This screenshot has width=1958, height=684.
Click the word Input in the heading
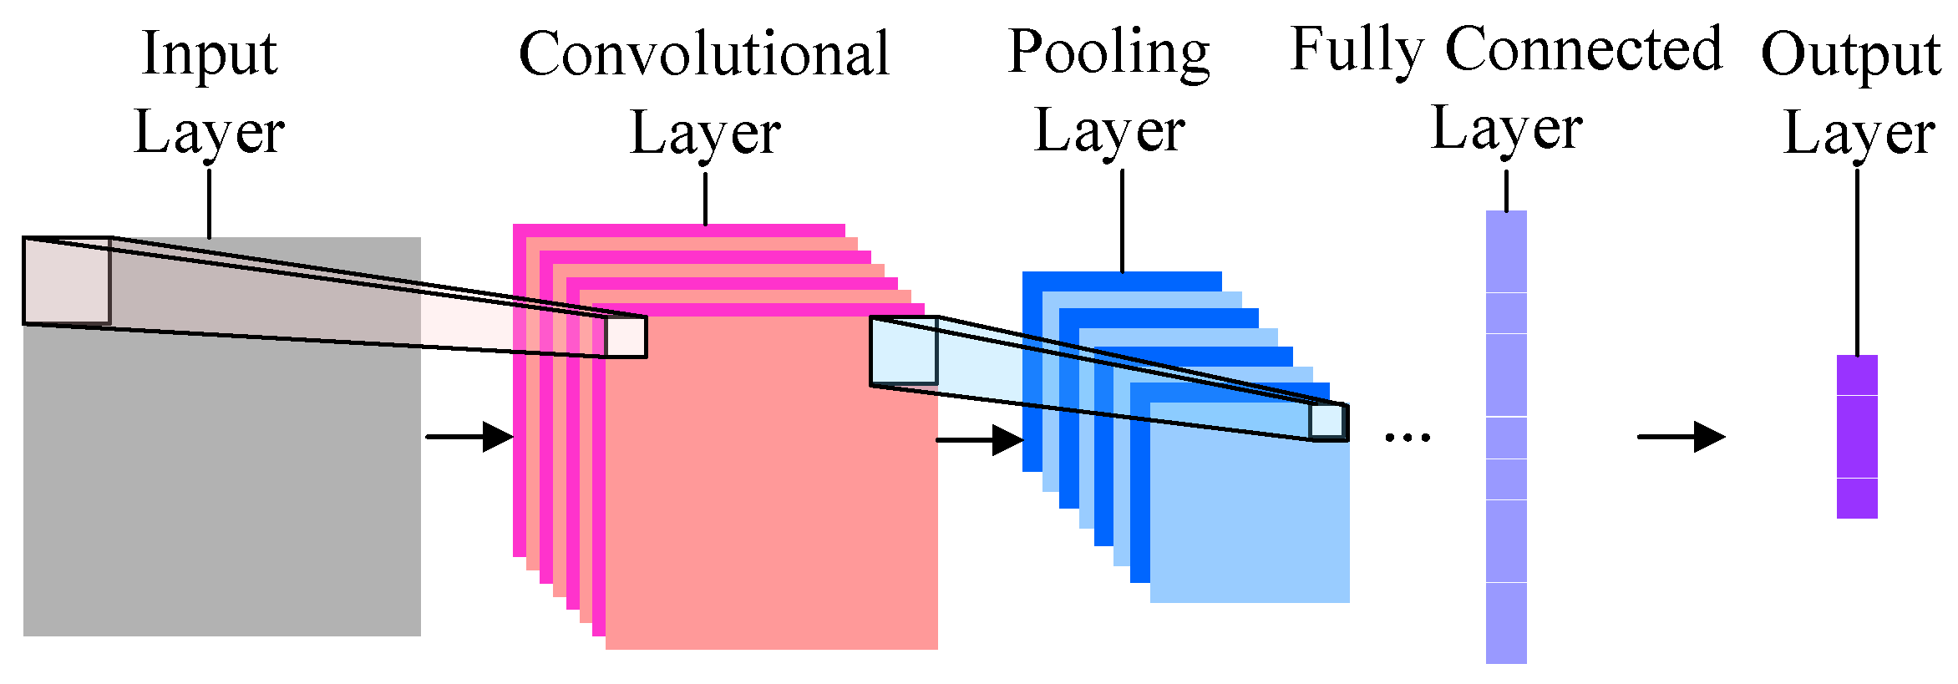click(209, 53)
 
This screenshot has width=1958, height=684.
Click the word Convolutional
click(704, 53)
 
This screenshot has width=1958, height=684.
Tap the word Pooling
click(1108, 52)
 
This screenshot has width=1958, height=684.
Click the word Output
click(1850, 55)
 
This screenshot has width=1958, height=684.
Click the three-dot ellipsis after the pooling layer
click(1408, 437)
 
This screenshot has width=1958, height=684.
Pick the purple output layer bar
click(1857, 437)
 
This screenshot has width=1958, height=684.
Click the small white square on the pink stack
click(626, 337)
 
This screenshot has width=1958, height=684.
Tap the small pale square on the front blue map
click(1326, 421)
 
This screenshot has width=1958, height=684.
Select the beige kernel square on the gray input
click(67, 281)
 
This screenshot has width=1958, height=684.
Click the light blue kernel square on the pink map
click(904, 351)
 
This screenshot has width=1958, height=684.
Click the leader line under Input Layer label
click(209, 204)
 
